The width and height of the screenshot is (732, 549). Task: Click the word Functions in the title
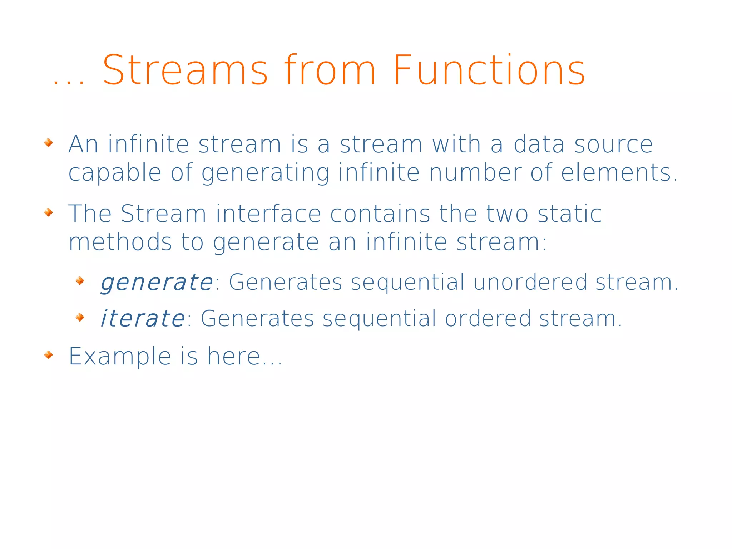point(489,70)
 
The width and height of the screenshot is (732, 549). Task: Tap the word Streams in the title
point(185,70)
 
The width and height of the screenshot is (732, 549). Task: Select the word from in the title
point(330,70)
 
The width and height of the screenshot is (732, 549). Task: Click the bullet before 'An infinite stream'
point(49,143)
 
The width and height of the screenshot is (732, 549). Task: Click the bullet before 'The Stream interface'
point(49,212)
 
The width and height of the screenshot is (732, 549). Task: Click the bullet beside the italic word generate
point(80,281)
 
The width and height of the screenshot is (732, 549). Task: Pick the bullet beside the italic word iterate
point(80,317)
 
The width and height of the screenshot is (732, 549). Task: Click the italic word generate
point(157,283)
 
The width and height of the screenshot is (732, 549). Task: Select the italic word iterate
point(142,319)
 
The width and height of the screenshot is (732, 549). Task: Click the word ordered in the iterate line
point(488,318)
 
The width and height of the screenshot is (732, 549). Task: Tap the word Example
point(120,357)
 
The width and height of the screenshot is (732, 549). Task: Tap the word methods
point(120,242)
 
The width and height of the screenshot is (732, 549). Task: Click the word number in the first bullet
point(475,172)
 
